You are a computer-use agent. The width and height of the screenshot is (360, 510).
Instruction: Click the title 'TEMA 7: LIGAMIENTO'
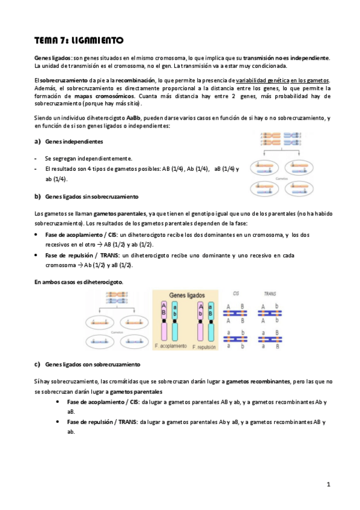click(79, 40)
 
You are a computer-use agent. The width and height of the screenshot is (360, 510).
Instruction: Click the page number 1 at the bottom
click(329, 484)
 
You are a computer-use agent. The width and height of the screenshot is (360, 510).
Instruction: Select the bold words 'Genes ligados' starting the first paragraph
click(53, 57)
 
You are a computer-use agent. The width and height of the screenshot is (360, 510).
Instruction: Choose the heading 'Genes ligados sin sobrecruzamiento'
click(91, 197)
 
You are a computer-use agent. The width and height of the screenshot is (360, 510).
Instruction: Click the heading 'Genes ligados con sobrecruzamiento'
click(93, 364)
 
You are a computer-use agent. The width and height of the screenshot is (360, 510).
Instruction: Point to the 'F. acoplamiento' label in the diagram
click(172, 348)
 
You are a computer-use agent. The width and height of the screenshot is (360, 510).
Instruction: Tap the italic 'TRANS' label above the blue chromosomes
click(270, 293)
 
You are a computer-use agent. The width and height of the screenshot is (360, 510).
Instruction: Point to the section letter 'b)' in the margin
click(37, 197)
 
